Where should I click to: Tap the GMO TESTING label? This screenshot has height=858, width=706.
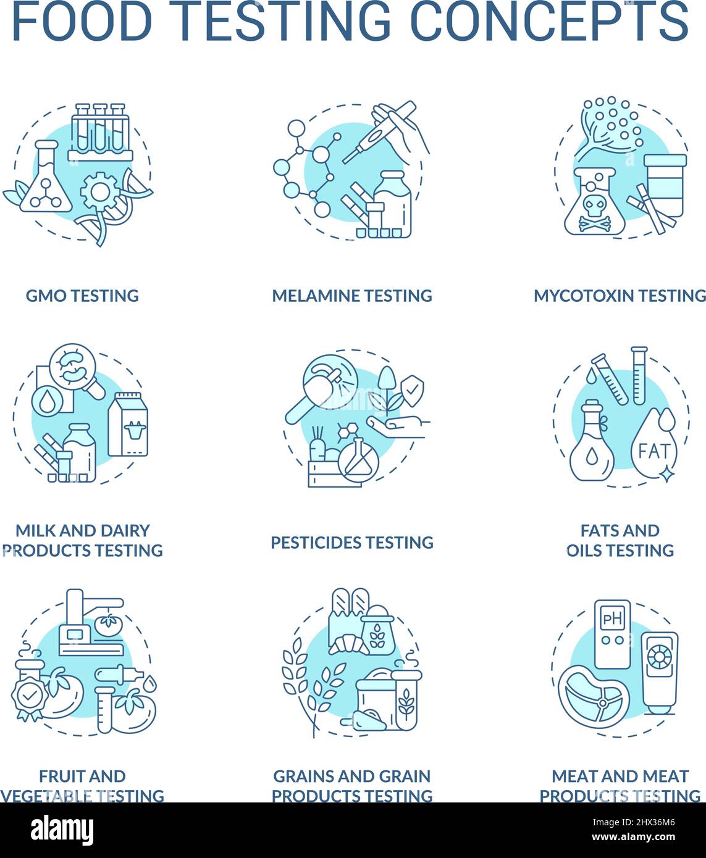click(82, 296)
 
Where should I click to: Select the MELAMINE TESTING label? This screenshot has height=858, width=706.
click(352, 296)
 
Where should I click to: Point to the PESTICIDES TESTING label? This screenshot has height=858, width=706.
click(352, 543)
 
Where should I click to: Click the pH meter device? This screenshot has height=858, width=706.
click(612, 633)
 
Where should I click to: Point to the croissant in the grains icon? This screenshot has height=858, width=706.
click(348, 644)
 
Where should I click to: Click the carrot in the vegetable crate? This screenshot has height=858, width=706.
click(319, 451)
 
